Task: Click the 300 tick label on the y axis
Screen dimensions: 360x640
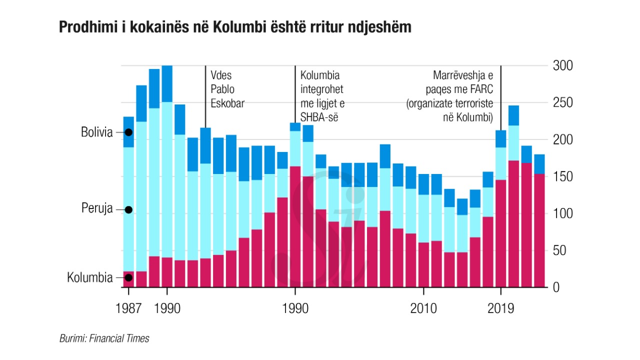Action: (x=562, y=66)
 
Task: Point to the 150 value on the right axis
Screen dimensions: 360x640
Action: (x=562, y=177)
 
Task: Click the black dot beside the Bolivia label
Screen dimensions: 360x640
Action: (x=128, y=132)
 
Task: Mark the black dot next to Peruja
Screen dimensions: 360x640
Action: (x=128, y=209)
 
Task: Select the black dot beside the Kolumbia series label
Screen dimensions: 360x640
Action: (x=128, y=277)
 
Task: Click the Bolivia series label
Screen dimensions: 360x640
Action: (x=97, y=133)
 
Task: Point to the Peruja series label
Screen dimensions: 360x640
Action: (x=97, y=209)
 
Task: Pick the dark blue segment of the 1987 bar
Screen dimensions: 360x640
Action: (x=128, y=132)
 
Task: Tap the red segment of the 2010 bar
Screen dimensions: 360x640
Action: (x=423, y=265)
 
